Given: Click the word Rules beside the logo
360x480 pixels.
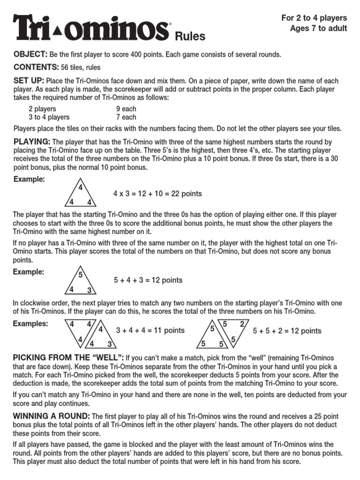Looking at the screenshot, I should click(x=190, y=37).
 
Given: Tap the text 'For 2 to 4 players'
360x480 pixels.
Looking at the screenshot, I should click(x=314, y=18).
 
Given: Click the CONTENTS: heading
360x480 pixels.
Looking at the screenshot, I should click(x=35, y=67).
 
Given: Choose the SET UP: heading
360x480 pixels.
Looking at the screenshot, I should click(x=29, y=81).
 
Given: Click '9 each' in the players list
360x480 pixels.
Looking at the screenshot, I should click(x=126, y=109).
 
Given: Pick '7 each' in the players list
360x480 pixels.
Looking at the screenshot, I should click(x=126, y=117).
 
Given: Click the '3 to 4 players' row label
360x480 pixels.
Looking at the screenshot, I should click(x=49, y=117).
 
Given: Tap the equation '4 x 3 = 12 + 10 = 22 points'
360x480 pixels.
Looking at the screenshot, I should click(x=157, y=194).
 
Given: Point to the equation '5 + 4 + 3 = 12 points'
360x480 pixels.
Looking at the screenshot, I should click(x=148, y=280).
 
